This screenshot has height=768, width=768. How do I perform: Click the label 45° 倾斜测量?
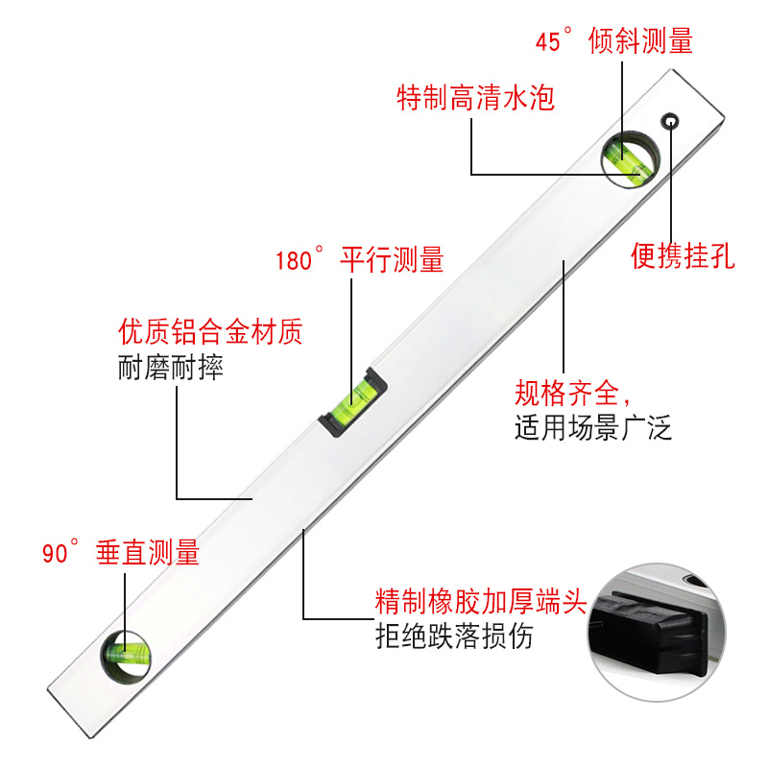(613, 41)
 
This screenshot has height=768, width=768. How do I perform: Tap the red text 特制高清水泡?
(476, 97)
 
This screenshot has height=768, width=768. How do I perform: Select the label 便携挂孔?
(683, 256)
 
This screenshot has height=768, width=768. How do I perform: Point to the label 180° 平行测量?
(359, 260)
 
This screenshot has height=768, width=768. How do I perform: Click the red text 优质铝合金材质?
(210, 333)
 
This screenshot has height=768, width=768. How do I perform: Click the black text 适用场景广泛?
(593, 426)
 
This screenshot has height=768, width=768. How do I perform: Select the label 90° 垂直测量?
(120, 553)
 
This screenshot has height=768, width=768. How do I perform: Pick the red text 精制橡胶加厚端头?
(480, 603)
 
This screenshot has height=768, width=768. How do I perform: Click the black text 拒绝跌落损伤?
(453, 636)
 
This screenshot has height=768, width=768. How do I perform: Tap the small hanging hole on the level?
(670, 120)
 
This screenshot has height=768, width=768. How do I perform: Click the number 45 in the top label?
(547, 42)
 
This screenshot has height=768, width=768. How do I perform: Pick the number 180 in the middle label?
(294, 261)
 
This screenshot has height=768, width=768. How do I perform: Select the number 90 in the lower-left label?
(53, 554)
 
